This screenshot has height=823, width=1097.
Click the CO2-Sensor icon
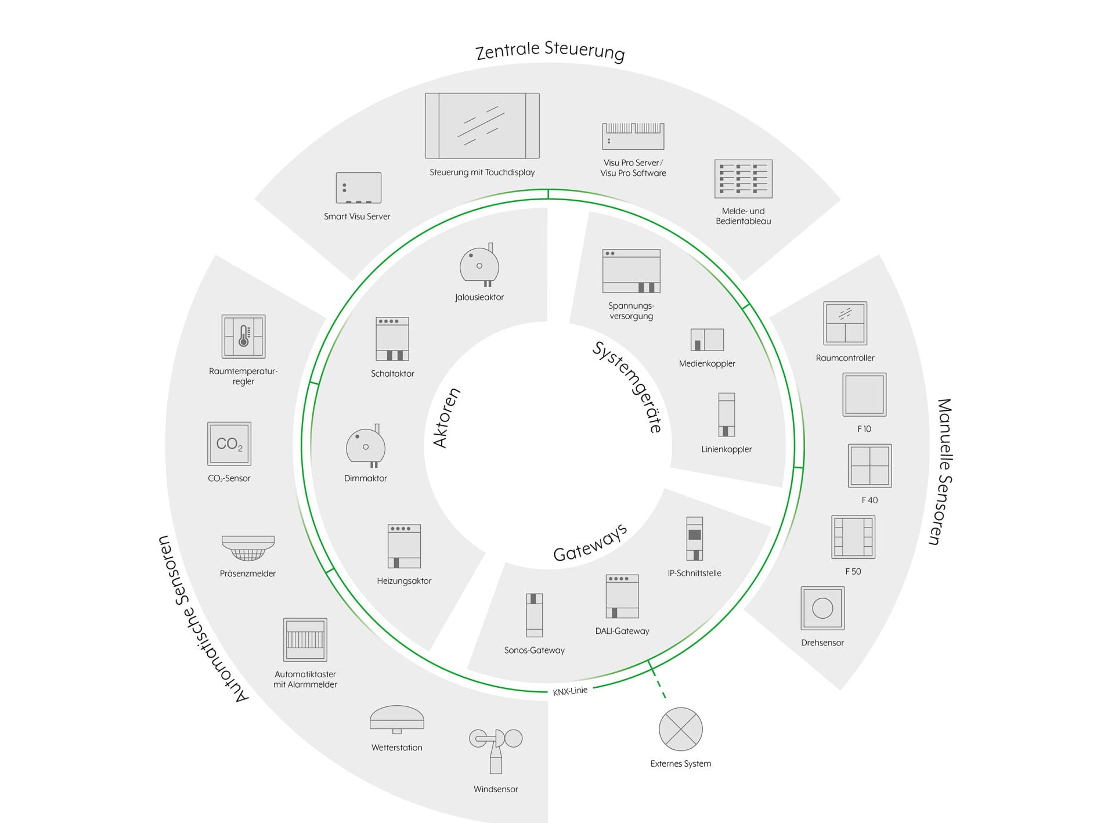pos(229,443)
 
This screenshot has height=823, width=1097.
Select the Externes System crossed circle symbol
pos(681,729)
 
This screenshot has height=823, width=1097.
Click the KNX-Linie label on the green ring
pos(570,691)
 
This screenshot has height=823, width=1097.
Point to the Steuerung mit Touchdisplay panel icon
pos(482,125)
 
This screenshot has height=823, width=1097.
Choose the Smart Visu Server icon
pos(359,187)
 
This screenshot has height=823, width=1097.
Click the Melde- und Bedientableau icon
pos(744,179)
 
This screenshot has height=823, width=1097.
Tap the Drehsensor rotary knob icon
pos(822,608)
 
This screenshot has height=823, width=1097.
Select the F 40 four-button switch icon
pos(869,466)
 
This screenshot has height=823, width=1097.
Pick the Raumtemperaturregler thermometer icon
pos(244,337)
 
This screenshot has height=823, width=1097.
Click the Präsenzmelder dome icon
pos(248,548)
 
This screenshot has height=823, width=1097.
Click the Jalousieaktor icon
pos(479,265)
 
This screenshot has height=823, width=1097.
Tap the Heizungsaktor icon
pos(404,546)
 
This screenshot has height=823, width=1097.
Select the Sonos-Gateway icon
pos(535,615)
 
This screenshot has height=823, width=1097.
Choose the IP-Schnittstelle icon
pos(695,539)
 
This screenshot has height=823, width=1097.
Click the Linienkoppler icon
pos(727,414)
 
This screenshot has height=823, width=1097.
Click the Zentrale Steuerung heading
pos(550,50)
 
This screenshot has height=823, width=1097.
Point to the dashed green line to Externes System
pos(658,680)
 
